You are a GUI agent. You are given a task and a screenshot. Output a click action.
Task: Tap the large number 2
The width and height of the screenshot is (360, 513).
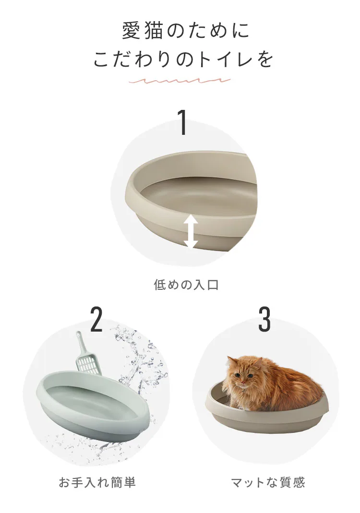click(96, 320)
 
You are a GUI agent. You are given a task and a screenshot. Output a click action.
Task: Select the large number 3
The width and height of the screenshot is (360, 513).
click(264, 320)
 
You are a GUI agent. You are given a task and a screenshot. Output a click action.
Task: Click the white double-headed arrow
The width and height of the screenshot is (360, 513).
click(191, 231)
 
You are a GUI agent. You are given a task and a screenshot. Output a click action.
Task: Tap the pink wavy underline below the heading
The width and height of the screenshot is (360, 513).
click(180, 81)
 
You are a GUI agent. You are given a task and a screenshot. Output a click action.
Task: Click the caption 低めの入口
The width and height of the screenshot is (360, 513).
click(186, 285)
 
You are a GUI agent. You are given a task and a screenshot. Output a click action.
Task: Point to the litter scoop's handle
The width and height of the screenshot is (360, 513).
click(81, 344)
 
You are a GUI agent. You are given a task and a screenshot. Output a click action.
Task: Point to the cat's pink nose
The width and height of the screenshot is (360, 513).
click(243, 382)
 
